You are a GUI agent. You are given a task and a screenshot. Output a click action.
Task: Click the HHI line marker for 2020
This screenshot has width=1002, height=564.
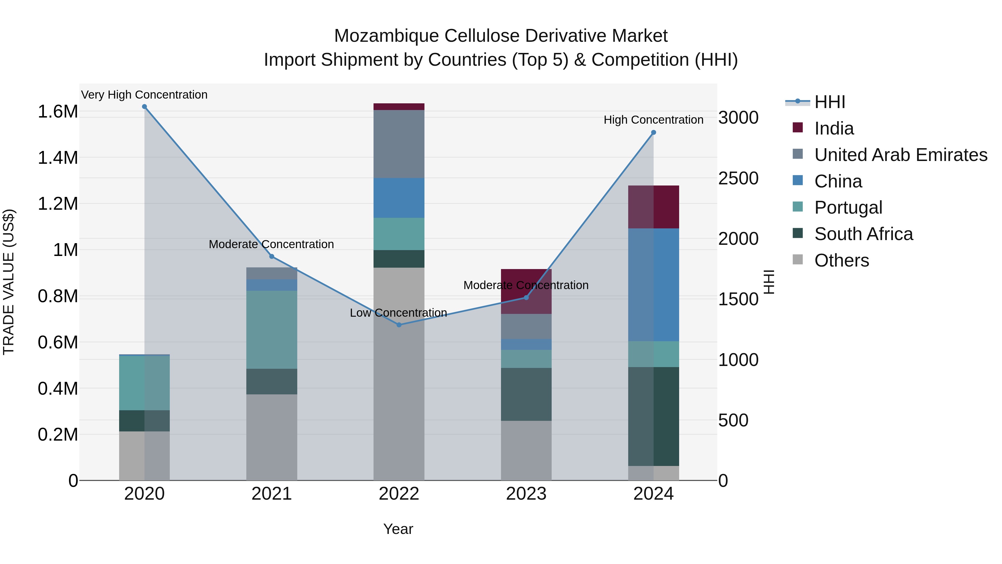tap(144, 107)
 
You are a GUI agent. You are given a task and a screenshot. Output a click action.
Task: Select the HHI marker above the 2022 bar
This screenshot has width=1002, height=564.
tap(399, 325)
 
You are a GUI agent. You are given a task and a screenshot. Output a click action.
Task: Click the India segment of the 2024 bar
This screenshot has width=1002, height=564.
tap(654, 207)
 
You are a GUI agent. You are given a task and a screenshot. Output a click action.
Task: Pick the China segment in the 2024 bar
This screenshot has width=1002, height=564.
tap(654, 285)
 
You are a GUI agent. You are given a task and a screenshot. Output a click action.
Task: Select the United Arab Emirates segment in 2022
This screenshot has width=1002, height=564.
tap(399, 144)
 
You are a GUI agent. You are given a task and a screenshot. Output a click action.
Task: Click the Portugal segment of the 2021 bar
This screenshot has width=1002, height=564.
tap(271, 330)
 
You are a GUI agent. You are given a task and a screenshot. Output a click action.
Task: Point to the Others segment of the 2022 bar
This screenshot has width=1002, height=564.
tap(399, 374)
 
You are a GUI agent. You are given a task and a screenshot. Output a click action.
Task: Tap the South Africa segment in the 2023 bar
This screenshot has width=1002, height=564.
tap(526, 394)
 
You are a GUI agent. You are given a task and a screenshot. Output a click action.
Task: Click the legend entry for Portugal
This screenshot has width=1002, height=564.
tap(848, 207)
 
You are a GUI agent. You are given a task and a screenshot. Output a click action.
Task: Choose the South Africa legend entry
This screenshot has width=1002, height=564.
tap(863, 234)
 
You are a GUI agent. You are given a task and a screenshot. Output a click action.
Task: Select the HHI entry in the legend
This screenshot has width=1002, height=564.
tap(829, 102)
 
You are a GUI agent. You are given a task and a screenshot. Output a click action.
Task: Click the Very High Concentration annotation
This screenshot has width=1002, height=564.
tap(144, 95)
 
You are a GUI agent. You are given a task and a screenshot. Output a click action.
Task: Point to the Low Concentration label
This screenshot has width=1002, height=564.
tap(398, 312)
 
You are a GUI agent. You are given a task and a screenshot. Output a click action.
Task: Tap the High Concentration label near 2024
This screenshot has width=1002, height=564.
tap(654, 120)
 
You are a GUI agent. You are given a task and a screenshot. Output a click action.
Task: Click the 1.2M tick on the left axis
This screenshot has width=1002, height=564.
tap(58, 204)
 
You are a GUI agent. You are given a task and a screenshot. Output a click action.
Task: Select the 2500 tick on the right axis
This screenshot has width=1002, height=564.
tap(738, 178)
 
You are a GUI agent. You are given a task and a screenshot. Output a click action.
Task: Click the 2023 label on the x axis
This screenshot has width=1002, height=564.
tap(526, 494)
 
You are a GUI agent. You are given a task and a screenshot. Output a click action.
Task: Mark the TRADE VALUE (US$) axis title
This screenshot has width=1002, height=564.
tap(9, 282)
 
